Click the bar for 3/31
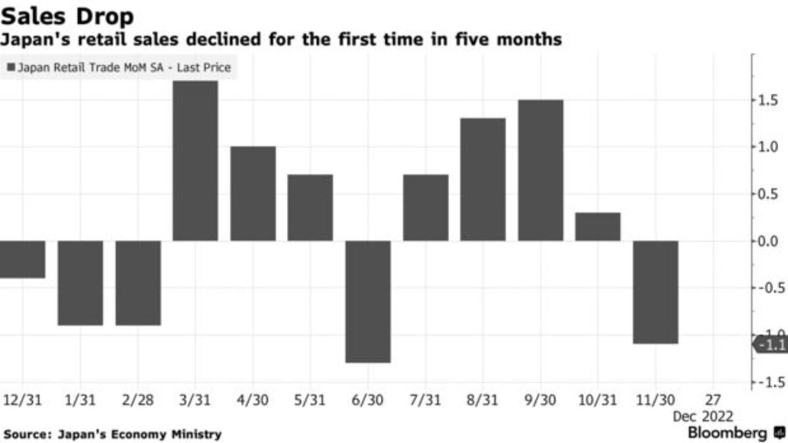195,161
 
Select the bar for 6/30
368,302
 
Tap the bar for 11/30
656,292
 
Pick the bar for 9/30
540,170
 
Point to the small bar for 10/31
598,227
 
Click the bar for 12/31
21,259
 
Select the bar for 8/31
483,179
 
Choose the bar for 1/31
81,283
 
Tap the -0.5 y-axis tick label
768,288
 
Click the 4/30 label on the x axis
253,399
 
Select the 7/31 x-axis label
426,399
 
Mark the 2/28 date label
138,399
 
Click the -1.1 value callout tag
771,344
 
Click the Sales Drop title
67,16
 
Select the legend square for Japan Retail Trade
11,67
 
